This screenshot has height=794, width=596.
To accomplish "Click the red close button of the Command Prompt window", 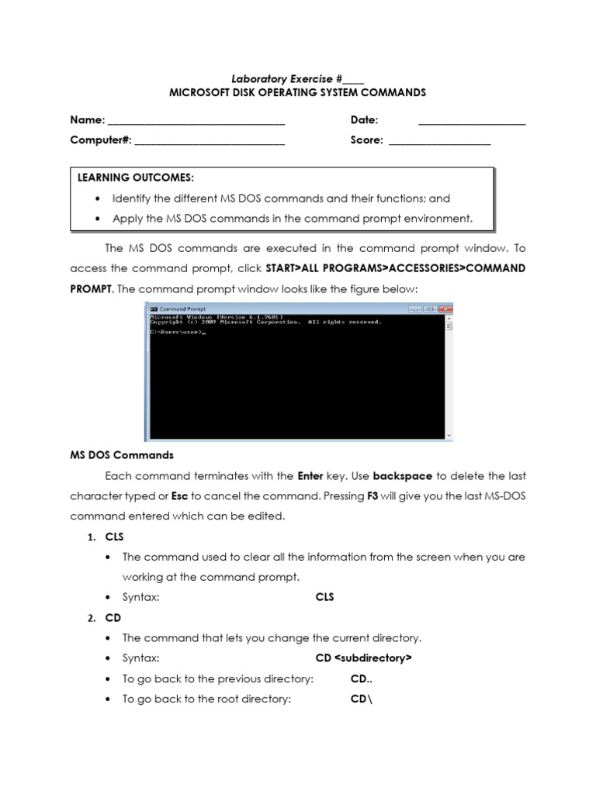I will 445,308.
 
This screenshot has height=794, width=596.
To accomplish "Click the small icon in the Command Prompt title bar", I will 153,308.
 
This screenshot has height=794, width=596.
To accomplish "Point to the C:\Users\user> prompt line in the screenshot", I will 177,333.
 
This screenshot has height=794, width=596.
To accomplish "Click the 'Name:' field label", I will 87,120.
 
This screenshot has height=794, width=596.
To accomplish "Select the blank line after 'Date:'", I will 472,121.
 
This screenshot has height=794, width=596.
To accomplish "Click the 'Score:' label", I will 366,140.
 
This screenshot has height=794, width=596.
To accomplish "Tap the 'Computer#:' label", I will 101,140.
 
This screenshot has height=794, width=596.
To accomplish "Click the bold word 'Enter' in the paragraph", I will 310,475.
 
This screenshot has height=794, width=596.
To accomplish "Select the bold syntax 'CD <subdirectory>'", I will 363,658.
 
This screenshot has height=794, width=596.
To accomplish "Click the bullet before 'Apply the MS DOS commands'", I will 97,219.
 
